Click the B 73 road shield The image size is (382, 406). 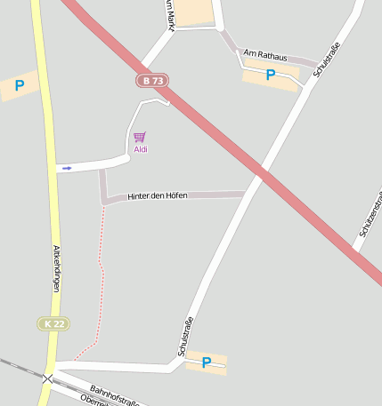152,81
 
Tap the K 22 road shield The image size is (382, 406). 54,323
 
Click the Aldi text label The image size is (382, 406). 141,149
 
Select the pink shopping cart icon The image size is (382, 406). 140,137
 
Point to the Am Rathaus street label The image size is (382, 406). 265,57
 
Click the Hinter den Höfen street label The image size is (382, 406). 158,195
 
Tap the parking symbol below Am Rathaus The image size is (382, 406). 270,76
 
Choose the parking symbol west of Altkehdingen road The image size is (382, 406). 19,85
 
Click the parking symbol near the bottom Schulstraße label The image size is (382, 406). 207,362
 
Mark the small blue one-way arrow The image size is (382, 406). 66,167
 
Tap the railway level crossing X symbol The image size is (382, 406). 46,378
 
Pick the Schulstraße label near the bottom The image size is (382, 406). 185,337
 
